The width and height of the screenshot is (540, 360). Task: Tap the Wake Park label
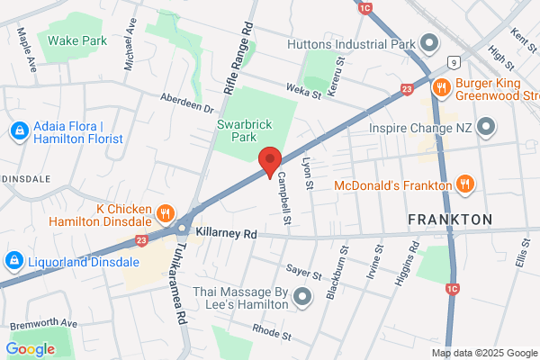tap(78, 40)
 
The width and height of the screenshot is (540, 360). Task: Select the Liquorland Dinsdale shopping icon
tap(13, 261)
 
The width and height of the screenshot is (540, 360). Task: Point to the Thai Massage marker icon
tap(301, 295)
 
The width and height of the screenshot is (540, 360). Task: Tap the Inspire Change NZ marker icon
tap(486, 125)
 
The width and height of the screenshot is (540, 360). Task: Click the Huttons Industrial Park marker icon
tap(428, 43)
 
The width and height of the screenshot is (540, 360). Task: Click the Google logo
tap(30, 348)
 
